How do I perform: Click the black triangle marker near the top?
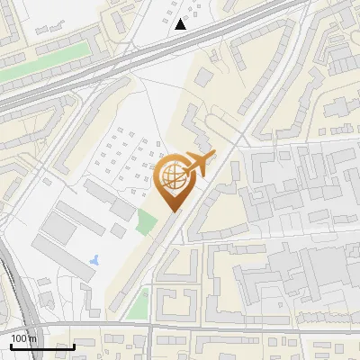pos(181,24)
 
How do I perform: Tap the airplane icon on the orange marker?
pos(199,163)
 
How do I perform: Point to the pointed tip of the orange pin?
pos(173,211)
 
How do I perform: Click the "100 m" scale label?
pos(22,338)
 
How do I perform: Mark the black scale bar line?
pos(41,346)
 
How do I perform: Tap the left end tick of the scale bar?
pos(10,345)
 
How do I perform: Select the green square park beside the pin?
pos(145,220)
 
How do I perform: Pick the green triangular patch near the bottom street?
pos(138,305)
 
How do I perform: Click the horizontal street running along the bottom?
pos(225,324)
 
